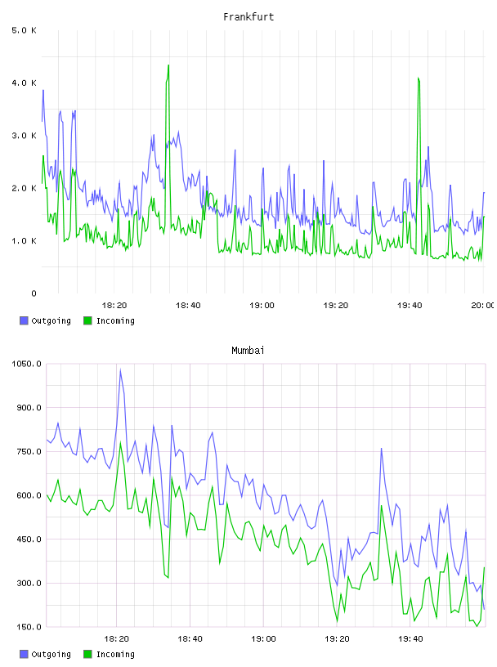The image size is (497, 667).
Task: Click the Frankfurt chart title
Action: (248, 17)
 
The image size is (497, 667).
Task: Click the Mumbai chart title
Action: (248, 351)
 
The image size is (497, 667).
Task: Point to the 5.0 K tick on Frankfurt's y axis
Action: (25, 30)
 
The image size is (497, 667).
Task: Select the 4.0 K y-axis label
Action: (25, 83)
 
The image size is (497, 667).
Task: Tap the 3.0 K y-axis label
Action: (25, 136)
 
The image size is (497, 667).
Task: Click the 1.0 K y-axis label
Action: (25, 241)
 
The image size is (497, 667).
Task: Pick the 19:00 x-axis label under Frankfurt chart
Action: (262, 306)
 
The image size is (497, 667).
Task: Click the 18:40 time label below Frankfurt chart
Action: (188, 306)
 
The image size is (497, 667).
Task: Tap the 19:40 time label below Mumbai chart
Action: (410, 639)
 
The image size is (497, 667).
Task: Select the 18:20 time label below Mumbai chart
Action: (116, 639)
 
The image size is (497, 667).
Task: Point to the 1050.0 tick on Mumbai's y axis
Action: (26, 364)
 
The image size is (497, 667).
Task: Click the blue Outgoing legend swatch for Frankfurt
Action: (24, 320)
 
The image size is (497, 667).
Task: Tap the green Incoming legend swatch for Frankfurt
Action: (87, 320)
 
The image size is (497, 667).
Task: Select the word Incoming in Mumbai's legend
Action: (115, 654)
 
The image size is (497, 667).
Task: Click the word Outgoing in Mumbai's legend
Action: (51, 654)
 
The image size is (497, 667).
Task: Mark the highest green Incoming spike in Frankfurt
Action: (168, 65)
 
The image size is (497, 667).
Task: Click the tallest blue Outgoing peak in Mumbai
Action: (120, 369)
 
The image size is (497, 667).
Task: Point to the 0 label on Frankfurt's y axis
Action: (34, 293)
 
